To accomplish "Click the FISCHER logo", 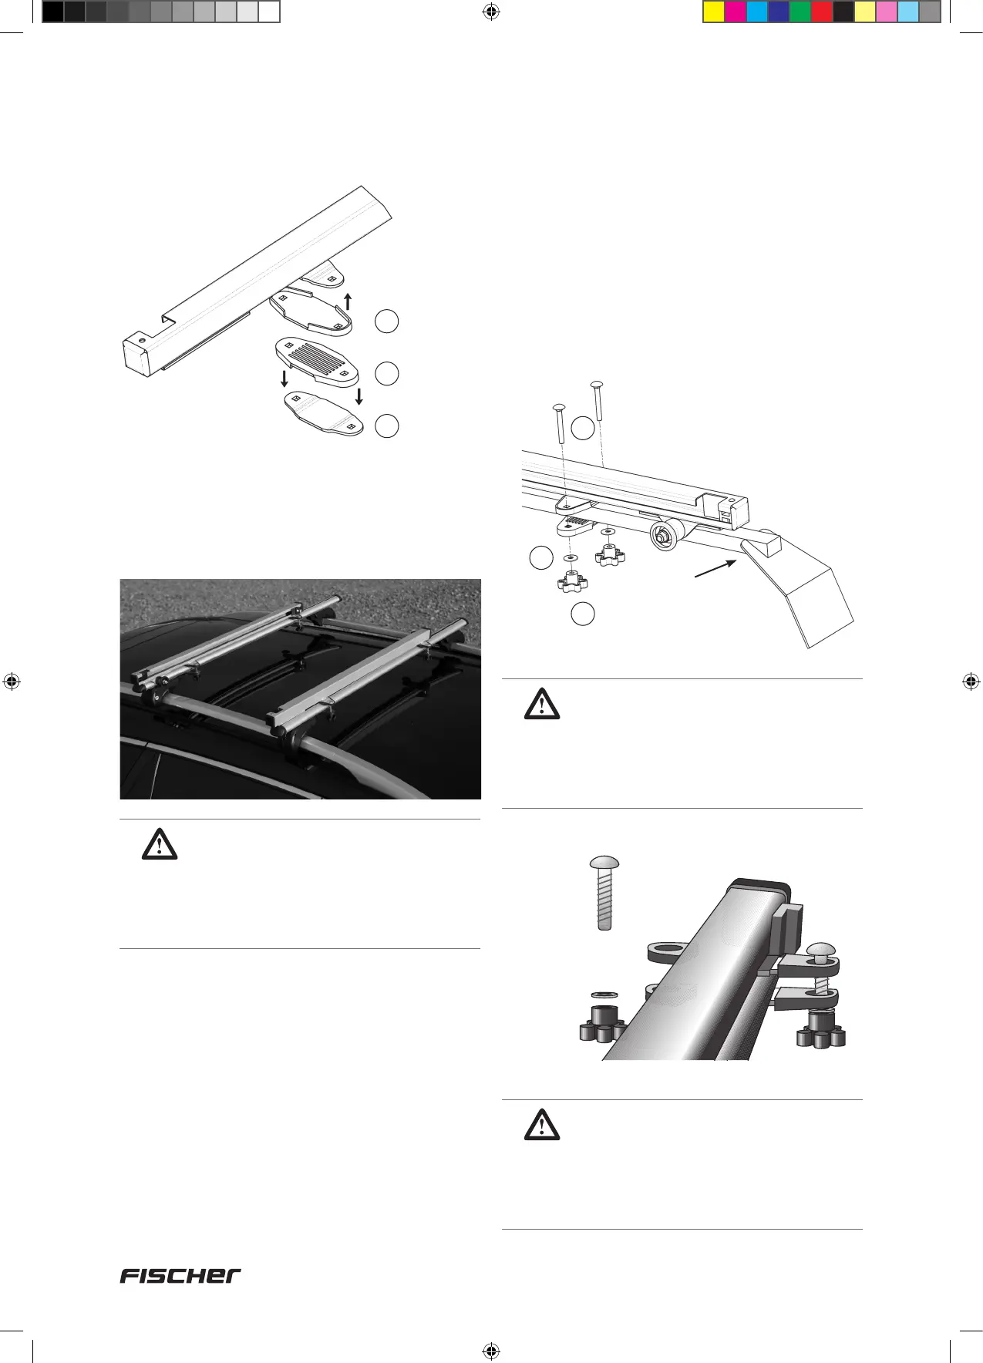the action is click(180, 1276).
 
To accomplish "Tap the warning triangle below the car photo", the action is click(160, 844).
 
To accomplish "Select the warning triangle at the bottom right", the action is click(541, 1125).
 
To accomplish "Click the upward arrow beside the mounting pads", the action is click(348, 301).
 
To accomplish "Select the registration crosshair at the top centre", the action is click(490, 12).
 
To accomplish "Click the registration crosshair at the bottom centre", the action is click(490, 1350).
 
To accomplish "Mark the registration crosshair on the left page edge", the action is click(12, 681).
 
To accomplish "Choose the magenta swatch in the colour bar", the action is click(736, 12).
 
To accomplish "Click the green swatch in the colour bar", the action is click(800, 12).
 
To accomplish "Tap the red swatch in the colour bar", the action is click(822, 12).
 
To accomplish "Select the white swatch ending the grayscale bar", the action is click(268, 12).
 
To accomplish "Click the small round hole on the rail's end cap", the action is click(141, 339).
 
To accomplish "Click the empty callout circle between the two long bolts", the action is click(584, 429).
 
